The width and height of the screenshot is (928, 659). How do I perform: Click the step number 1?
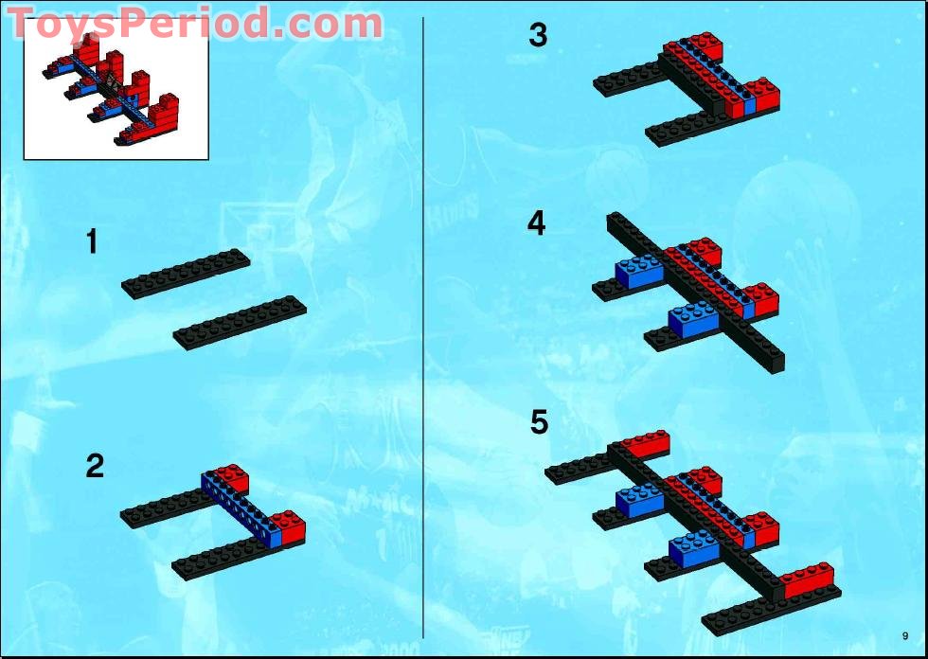point(92,242)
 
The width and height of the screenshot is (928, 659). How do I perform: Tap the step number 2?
point(95,467)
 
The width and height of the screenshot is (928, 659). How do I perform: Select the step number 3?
point(538,36)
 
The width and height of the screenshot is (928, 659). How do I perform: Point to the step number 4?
point(537,224)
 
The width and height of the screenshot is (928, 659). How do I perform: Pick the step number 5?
point(539,422)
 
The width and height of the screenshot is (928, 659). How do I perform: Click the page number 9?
point(905,635)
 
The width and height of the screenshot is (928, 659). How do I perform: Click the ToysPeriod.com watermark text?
point(195,25)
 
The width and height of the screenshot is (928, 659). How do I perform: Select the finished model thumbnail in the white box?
point(115,89)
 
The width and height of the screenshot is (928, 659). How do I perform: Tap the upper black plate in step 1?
point(186,274)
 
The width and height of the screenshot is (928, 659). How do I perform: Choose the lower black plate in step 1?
point(240,323)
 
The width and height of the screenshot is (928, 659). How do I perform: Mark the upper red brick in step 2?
point(230,479)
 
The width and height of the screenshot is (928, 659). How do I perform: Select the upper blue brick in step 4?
point(640,272)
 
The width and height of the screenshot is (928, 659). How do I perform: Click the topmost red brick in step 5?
point(645,445)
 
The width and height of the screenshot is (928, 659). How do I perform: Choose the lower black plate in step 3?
point(682,126)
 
